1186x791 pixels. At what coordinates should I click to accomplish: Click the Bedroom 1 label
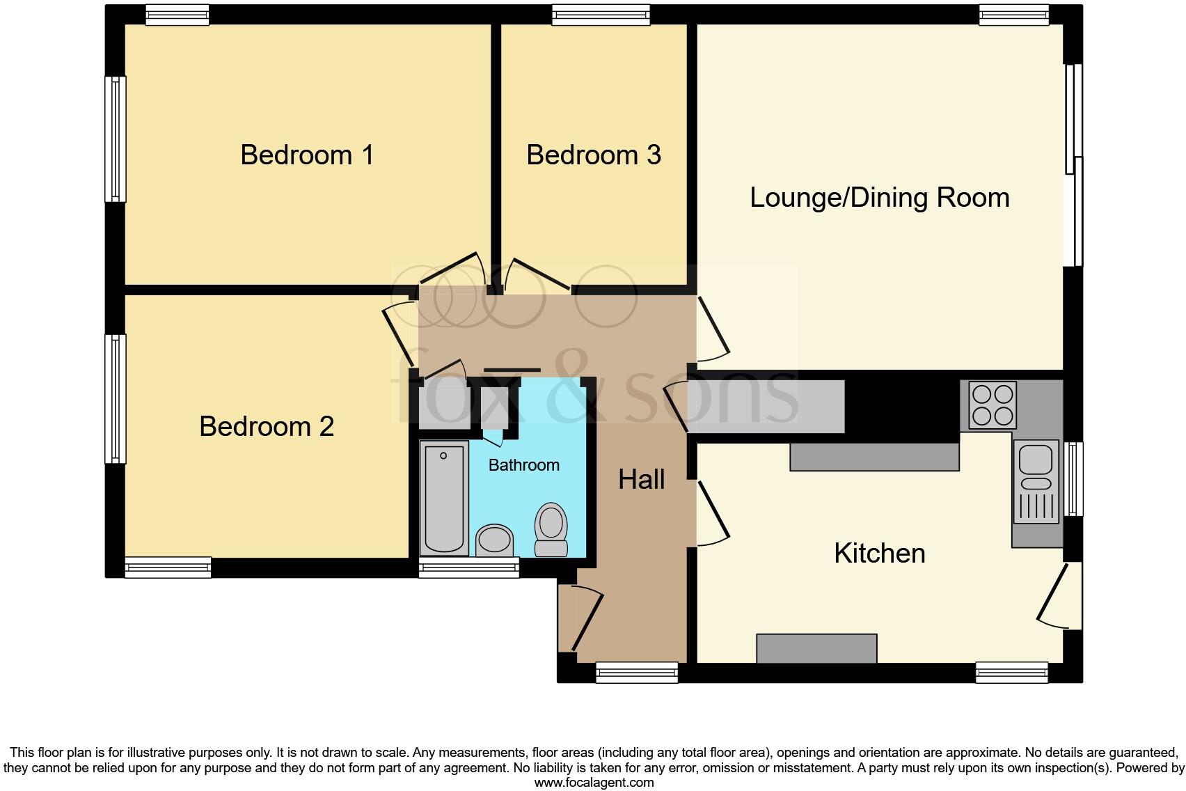point(307,155)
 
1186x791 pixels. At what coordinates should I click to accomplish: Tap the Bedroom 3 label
point(593,155)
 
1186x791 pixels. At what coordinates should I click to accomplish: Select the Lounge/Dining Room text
point(879,198)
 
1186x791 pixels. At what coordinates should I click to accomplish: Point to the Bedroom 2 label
point(267,426)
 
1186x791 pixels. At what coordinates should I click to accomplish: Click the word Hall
point(641,479)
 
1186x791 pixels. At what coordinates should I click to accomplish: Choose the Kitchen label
point(879,554)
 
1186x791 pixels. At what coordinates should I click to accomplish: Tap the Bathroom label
point(523,465)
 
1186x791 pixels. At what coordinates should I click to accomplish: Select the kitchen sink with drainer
point(1036,483)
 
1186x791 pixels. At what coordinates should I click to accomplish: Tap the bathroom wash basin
point(495,540)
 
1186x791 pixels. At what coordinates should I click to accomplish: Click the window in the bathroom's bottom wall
point(468,568)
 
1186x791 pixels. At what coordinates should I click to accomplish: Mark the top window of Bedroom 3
point(601,15)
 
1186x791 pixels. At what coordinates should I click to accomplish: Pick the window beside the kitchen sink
point(1075,478)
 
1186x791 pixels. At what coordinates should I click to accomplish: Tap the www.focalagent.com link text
point(593,783)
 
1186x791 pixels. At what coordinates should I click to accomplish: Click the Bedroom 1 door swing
point(452,272)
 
